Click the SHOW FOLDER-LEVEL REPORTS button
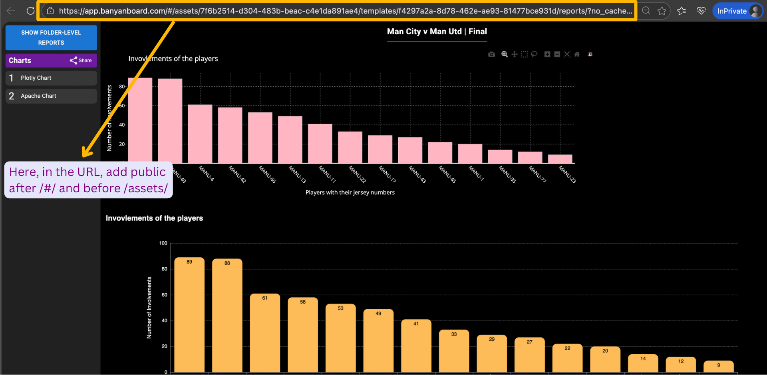tap(51, 37)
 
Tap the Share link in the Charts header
tap(81, 60)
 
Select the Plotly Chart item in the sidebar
tap(51, 78)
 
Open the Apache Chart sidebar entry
tap(51, 96)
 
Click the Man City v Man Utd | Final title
tap(437, 32)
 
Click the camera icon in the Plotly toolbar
tap(491, 54)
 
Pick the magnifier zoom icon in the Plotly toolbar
tap(505, 54)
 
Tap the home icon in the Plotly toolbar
tap(576, 54)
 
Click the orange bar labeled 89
tap(189, 315)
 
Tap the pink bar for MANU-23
tap(560, 159)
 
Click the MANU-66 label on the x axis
tap(267, 174)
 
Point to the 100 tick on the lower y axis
tap(163, 243)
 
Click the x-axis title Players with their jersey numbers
tap(350, 192)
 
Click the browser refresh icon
tap(30, 11)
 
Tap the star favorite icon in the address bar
tap(662, 11)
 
